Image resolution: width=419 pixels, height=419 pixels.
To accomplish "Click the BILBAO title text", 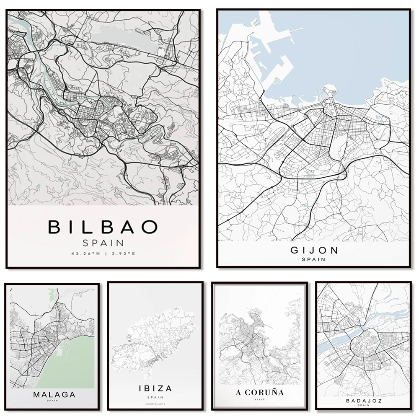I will tap(103, 227).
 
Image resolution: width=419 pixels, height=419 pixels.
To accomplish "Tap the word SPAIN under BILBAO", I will tap(103, 243).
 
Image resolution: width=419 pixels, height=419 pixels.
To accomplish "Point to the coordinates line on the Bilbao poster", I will tap(103, 253).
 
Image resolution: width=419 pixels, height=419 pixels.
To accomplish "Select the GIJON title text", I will tap(314, 251).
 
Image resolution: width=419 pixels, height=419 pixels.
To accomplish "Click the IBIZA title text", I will tap(155, 388).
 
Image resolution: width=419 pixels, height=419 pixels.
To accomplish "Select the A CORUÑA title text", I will tap(259, 393).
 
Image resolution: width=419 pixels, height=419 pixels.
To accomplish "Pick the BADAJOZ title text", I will tap(363, 400).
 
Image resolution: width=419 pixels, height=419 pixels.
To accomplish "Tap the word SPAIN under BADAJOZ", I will tap(363, 405).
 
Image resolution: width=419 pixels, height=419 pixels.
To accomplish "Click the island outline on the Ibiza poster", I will tap(155, 339).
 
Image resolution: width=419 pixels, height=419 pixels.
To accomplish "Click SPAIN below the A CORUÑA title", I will tap(259, 400).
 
